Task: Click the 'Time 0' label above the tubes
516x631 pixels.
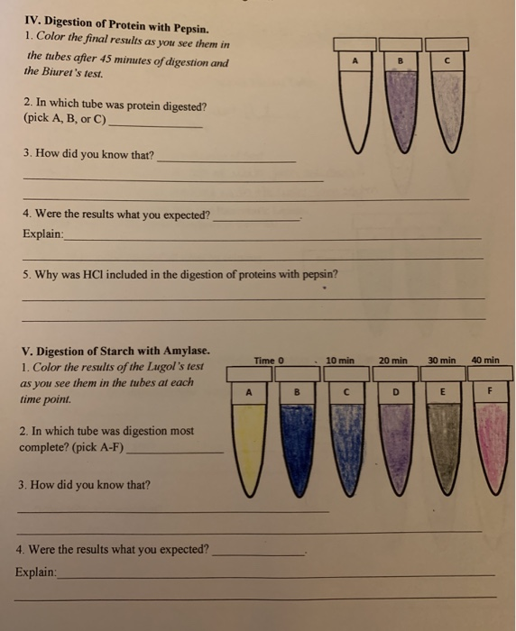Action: coord(269,361)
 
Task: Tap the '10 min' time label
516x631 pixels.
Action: coord(341,361)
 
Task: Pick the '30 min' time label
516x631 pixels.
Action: coord(442,361)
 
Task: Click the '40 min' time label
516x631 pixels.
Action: coord(484,361)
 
